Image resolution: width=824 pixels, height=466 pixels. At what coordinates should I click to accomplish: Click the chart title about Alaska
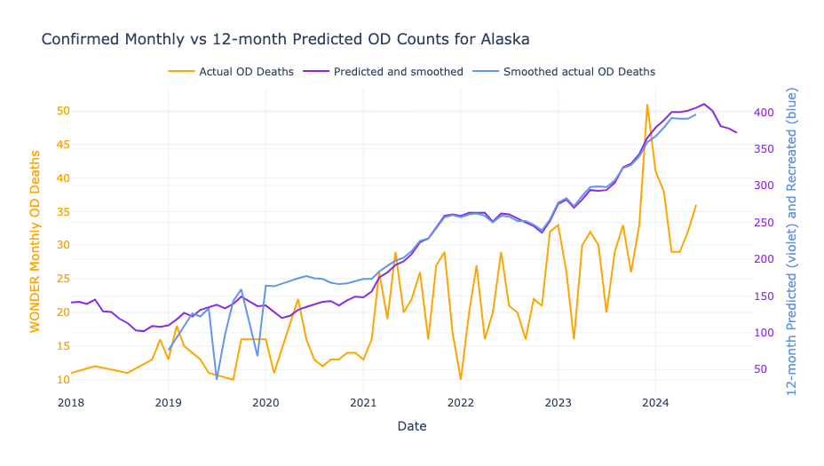[285, 40]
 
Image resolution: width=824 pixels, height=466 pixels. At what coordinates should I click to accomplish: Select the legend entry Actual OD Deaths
[246, 72]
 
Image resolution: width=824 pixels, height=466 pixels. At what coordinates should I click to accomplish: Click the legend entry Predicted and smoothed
[398, 72]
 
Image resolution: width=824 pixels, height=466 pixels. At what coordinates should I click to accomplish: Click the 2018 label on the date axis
[71, 403]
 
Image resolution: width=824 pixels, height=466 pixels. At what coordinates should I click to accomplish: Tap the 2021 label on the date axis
[363, 403]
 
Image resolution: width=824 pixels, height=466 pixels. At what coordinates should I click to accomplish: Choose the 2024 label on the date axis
[655, 403]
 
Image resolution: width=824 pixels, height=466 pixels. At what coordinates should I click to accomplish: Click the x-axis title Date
[412, 427]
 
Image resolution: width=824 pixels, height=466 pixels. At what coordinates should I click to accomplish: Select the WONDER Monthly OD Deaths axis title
[36, 241]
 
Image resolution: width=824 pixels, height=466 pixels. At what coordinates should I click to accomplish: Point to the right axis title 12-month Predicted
[793, 241]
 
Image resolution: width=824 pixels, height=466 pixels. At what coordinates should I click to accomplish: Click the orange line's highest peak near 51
[647, 105]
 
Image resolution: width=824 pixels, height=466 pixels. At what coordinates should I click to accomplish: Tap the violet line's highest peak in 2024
[704, 104]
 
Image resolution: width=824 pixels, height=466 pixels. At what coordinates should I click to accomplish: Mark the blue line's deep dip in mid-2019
[217, 379]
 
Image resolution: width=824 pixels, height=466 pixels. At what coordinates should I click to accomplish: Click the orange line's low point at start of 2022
[461, 379]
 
